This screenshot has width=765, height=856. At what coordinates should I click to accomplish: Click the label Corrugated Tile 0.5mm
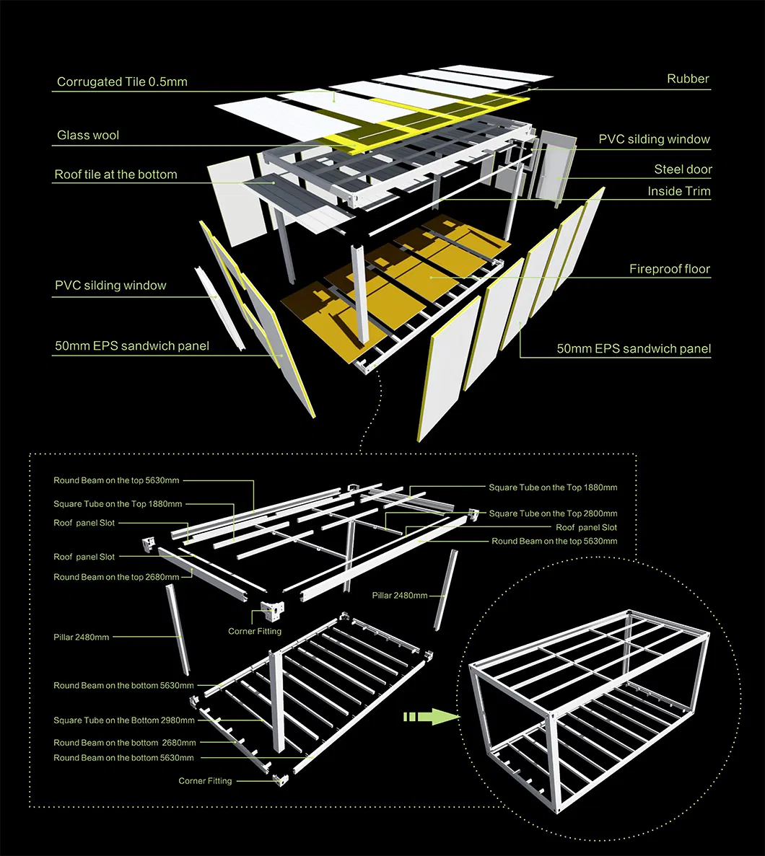[122, 82]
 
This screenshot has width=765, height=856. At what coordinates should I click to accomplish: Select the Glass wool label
[88, 136]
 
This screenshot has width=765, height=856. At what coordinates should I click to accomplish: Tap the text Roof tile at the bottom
[115, 175]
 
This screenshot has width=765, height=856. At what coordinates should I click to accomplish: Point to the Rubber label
[688, 79]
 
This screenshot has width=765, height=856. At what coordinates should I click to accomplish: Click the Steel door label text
[683, 169]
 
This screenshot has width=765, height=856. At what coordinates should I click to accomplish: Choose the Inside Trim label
[678, 191]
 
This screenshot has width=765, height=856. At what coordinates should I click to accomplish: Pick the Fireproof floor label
[670, 269]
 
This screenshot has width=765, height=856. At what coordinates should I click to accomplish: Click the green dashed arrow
[431, 716]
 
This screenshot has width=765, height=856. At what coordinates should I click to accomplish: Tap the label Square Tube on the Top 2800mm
[553, 513]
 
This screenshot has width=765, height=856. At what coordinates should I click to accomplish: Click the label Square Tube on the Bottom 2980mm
[123, 720]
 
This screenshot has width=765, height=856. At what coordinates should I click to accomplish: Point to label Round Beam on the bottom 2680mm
[124, 743]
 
